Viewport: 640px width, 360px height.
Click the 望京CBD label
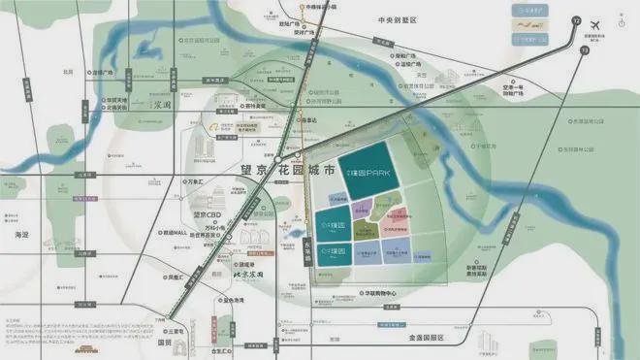tap(208, 215)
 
